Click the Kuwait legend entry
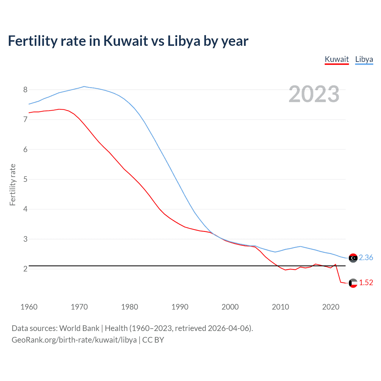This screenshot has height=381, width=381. click(337, 59)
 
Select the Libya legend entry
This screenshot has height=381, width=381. click(364, 59)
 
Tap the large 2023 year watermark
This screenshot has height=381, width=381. click(314, 94)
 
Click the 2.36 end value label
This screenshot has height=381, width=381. click(366, 257)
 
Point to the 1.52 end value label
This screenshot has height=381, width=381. click(366, 282)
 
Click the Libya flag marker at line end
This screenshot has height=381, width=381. click(353, 258)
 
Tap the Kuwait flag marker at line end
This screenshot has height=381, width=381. click(353, 283)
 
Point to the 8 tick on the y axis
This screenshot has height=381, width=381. click(25, 90)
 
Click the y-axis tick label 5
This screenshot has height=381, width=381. click(25, 179)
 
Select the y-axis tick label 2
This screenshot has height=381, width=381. click(25, 269)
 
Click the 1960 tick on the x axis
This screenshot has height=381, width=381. click(29, 307)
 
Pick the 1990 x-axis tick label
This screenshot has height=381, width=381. click(180, 307)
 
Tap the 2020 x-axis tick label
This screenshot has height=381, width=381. click(331, 307)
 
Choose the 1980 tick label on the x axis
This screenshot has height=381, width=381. click(129, 307)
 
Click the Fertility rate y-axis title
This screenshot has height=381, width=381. click(13, 185)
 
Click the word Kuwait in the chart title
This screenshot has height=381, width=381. click(126, 41)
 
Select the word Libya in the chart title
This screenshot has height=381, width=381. click(184, 41)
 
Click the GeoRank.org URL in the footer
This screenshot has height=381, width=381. click(74, 340)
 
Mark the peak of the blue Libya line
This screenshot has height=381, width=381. click(84, 86)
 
